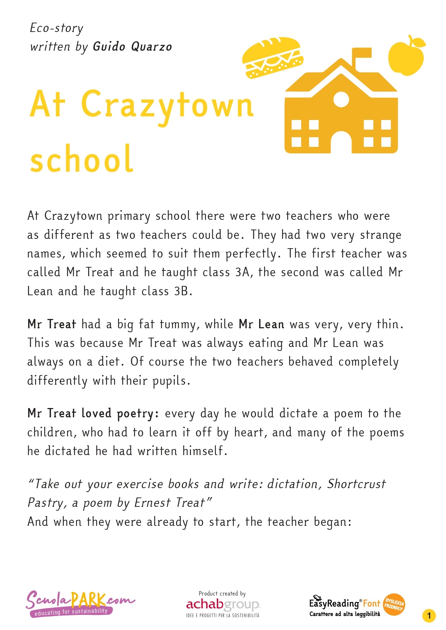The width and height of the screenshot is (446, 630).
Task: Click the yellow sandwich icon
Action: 272,57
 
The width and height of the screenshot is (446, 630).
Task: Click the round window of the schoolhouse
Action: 341,99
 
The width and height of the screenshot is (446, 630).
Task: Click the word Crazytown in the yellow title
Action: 167,105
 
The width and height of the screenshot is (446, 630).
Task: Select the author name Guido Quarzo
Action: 132,47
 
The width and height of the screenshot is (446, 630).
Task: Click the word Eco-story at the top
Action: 56,28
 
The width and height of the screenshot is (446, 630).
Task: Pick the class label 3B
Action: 181,291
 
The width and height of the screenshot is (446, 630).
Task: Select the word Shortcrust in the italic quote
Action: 356,484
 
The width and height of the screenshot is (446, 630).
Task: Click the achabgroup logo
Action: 222,604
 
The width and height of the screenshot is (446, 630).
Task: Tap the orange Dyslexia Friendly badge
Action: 394,604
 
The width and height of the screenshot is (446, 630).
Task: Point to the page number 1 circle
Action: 429,616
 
